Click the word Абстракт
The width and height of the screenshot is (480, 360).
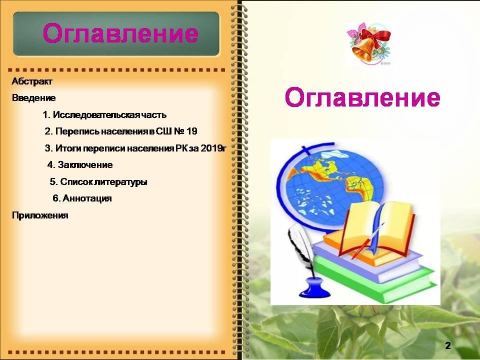(x=32, y=81)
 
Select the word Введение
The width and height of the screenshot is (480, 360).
(x=33, y=98)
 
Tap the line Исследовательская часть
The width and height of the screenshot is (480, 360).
(x=104, y=115)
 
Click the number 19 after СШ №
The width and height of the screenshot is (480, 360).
(x=191, y=131)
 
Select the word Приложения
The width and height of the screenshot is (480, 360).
(x=40, y=215)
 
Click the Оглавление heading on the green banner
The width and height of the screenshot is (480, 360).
(x=120, y=33)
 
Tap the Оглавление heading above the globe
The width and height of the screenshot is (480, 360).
(x=362, y=97)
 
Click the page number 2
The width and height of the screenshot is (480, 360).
(x=448, y=346)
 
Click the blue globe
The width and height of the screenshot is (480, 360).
(x=330, y=186)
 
